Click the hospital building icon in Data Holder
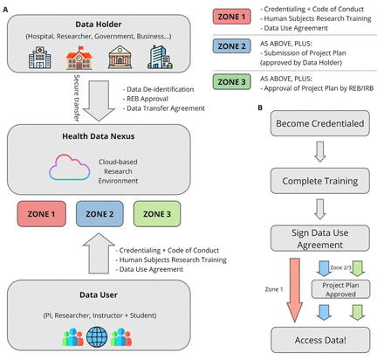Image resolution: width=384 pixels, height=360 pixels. click(x=40, y=58)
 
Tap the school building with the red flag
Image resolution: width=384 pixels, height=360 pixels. click(x=79, y=58)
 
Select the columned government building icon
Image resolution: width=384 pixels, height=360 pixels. click(x=120, y=57)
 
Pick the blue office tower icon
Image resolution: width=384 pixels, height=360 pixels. click(x=160, y=57)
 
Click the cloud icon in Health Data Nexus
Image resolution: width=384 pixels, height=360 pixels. click(x=69, y=168)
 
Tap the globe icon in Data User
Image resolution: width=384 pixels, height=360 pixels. click(x=97, y=337)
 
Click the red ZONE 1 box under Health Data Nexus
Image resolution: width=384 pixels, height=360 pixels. click(x=42, y=214)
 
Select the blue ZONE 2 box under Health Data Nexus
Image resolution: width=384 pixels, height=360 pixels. click(x=99, y=214)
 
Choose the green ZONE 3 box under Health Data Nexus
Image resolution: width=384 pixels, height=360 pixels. click(x=157, y=214)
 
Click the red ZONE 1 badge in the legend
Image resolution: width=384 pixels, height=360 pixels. click(x=231, y=17)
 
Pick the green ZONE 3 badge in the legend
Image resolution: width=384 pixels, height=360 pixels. click(x=231, y=82)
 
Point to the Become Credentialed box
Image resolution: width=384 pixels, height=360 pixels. click(x=320, y=123)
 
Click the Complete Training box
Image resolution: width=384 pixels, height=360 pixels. click(x=320, y=181)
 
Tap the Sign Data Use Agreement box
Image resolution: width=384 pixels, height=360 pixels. click(x=320, y=239)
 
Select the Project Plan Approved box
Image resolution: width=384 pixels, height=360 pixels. click(x=340, y=289)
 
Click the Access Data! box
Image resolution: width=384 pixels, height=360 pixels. click(x=320, y=340)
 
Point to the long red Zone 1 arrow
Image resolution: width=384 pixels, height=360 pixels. click(x=295, y=290)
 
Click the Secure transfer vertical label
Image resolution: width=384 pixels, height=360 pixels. click(x=77, y=98)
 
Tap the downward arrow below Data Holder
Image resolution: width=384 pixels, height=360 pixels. click(x=99, y=100)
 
